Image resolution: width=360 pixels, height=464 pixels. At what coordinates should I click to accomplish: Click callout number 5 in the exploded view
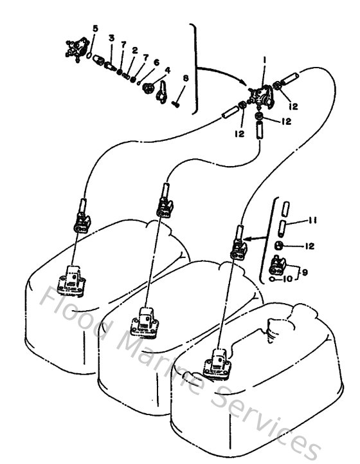(x=95, y=28)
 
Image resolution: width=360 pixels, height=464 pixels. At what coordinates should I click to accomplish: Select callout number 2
(x=135, y=50)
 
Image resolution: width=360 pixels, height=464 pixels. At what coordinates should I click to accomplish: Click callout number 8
(x=186, y=79)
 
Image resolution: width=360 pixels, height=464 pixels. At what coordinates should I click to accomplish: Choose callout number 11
(x=312, y=221)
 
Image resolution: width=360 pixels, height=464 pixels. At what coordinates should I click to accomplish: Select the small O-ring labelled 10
(x=274, y=279)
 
